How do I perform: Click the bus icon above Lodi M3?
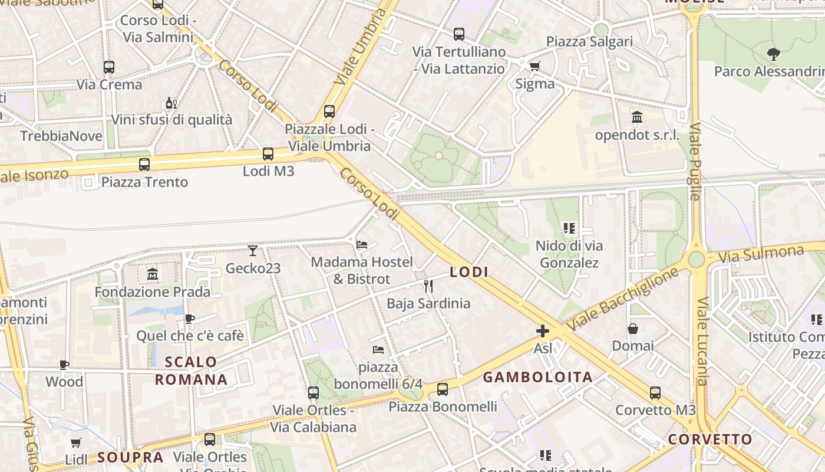click(x=268, y=154)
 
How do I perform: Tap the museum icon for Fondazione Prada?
click(x=153, y=274)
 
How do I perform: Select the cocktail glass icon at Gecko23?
click(x=253, y=251)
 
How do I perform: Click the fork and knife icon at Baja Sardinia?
click(x=428, y=286)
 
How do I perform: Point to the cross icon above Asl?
click(x=543, y=331)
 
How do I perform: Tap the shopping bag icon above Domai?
click(x=633, y=328)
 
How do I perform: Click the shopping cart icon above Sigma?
click(x=534, y=66)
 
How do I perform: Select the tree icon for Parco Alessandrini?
click(x=774, y=54)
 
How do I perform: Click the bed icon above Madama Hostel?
click(x=362, y=244)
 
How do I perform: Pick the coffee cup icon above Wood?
click(x=64, y=365)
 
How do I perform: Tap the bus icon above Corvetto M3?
click(x=655, y=392)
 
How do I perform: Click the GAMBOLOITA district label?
click(x=537, y=378)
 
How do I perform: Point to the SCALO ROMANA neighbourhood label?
click(x=191, y=371)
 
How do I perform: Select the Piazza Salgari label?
click(x=589, y=41)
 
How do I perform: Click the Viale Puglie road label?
click(x=695, y=162)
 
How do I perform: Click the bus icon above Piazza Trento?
click(x=144, y=165)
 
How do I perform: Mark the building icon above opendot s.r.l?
click(x=637, y=117)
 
